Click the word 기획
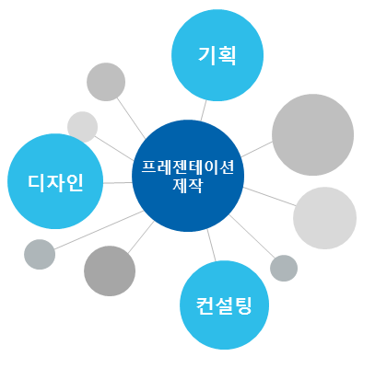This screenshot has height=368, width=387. click(x=217, y=56)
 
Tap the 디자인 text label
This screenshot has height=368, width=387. click(x=55, y=183)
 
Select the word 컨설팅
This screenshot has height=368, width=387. click(x=224, y=305)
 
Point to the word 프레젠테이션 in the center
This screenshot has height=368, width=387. click(x=188, y=167)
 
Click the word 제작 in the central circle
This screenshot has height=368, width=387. click(x=188, y=185)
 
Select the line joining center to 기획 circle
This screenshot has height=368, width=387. click(x=204, y=110)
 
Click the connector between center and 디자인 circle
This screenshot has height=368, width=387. click(x=118, y=183)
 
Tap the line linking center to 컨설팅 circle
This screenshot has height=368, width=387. click(x=211, y=246)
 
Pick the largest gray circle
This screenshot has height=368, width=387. click(x=312, y=134)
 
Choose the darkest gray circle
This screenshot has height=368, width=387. click(x=110, y=270)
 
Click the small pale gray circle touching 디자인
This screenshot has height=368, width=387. click(x=83, y=127)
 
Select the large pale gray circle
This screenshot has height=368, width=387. click(x=324, y=218)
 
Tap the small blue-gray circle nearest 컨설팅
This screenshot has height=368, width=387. click(x=284, y=268)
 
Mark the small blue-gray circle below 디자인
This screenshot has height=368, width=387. click(x=40, y=255)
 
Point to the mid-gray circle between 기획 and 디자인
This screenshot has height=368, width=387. click(x=106, y=82)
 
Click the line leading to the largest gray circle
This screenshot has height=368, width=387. click(x=257, y=149)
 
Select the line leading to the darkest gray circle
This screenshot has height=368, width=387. click(x=141, y=237)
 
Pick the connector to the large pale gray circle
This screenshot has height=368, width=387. click(x=270, y=197)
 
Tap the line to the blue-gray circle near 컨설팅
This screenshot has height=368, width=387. click(x=252, y=236)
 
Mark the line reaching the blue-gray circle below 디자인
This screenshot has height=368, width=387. click(x=99, y=230)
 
